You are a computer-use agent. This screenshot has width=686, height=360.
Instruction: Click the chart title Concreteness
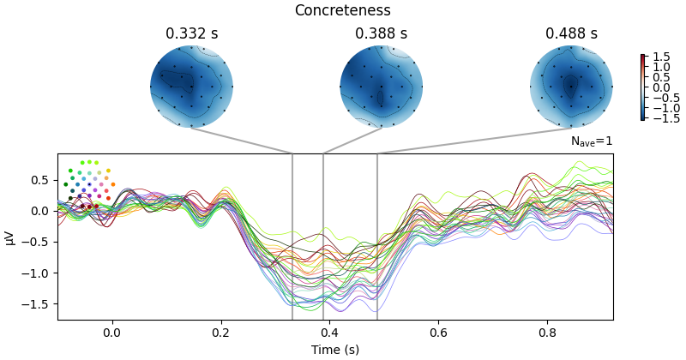point(342,11)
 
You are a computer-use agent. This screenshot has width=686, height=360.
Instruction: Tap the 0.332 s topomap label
point(191,34)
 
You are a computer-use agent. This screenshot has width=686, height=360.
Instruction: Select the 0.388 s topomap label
point(381,34)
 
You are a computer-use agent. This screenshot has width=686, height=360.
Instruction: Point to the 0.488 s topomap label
point(571,34)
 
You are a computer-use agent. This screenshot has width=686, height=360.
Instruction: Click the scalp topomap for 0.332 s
point(191,87)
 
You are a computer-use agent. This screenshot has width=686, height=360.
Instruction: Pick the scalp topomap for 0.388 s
point(381,87)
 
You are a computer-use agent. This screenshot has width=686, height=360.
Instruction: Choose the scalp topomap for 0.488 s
point(571,87)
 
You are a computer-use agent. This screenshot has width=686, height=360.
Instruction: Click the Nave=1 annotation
point(592,141)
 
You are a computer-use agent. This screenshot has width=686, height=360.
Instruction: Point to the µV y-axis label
point(10,237)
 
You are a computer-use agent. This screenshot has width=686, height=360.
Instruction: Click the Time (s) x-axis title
point(335,350)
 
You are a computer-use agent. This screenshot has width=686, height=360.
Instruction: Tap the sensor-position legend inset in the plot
point(88,184)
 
